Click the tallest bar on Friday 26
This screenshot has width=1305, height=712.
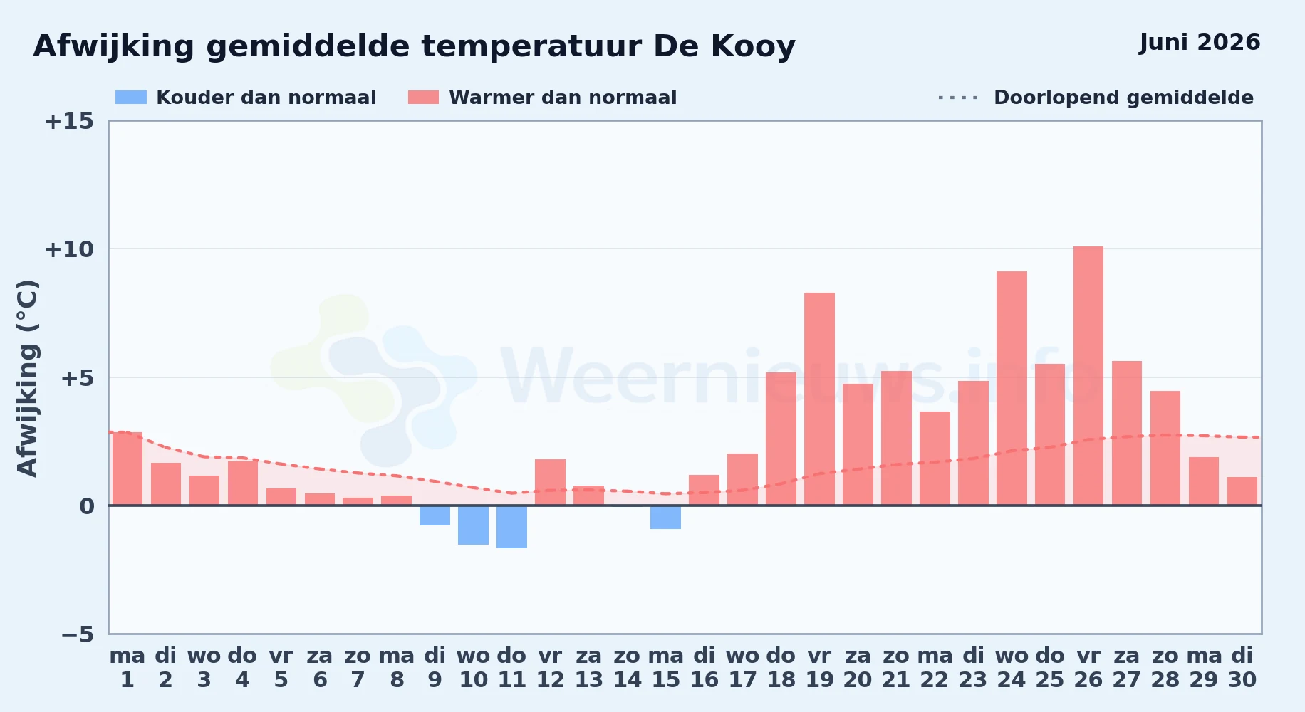click(x=1088, y=376)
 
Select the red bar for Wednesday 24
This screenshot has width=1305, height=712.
click(x=1012, y=388)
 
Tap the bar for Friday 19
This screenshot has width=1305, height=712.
click(x=819, y=399)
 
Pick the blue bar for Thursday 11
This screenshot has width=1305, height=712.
click(x=511, y=527)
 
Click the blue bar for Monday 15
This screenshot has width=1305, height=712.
click(x=665, y=518)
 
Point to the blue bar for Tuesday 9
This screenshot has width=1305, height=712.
click(x=435, y=515)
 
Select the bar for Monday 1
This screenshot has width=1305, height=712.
click(x=128, y=468)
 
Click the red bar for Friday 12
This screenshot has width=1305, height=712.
click(x=550, y=482)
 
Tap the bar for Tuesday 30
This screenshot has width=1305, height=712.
click(x=1242, y=491)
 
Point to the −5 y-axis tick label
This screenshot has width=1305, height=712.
click(x=77, y=634)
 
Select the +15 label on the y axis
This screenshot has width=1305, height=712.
click(x=69, y=121)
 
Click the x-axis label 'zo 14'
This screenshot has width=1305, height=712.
click(x=628, y=668)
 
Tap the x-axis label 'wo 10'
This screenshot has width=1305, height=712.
click(x=473, y=668)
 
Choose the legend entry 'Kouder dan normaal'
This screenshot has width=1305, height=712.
click(x=246, y=98)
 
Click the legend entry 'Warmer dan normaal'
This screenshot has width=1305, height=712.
click(x=542, y=98)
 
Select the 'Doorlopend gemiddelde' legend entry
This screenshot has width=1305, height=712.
click(x=1096, y=98)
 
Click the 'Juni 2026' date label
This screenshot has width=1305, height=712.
click(x=1200, y=43)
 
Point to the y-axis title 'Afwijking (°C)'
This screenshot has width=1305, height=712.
click(x=27, y=378)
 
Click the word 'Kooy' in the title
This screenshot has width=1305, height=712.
click(x=753, y=47)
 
